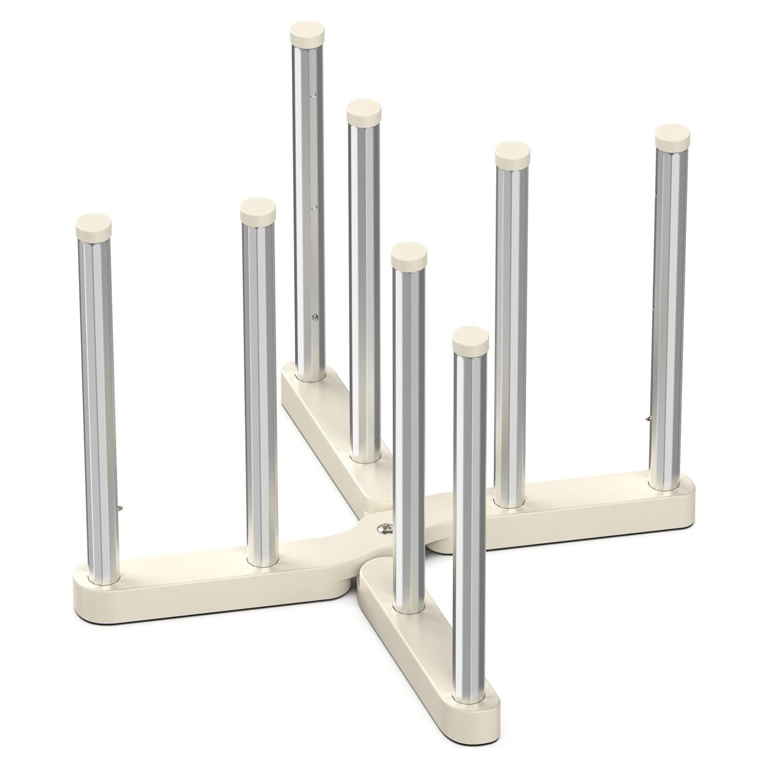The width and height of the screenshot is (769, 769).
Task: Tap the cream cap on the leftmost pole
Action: coord(94,226)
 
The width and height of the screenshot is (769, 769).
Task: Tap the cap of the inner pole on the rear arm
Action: coord(364,112)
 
